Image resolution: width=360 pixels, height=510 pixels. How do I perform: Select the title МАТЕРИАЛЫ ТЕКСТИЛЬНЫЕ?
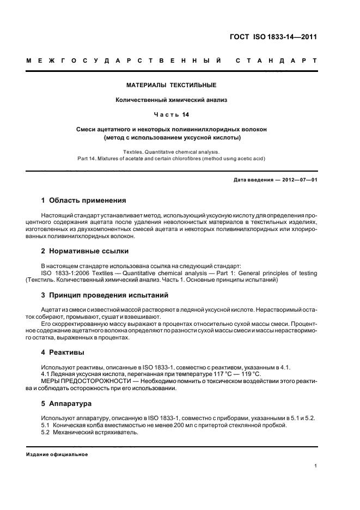tap(171, 86)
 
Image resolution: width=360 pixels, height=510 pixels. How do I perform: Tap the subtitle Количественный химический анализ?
tap(171, 100)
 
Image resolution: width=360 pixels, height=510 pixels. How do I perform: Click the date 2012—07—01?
tap(298, 179)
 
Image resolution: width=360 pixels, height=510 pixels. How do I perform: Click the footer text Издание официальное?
tap(57, 454)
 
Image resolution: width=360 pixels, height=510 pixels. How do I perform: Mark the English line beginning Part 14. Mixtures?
tap(171, 159)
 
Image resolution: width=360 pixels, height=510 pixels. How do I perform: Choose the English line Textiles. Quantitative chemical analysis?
tap(171, 151)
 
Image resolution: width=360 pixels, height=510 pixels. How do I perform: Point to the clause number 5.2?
tap(46, 432)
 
